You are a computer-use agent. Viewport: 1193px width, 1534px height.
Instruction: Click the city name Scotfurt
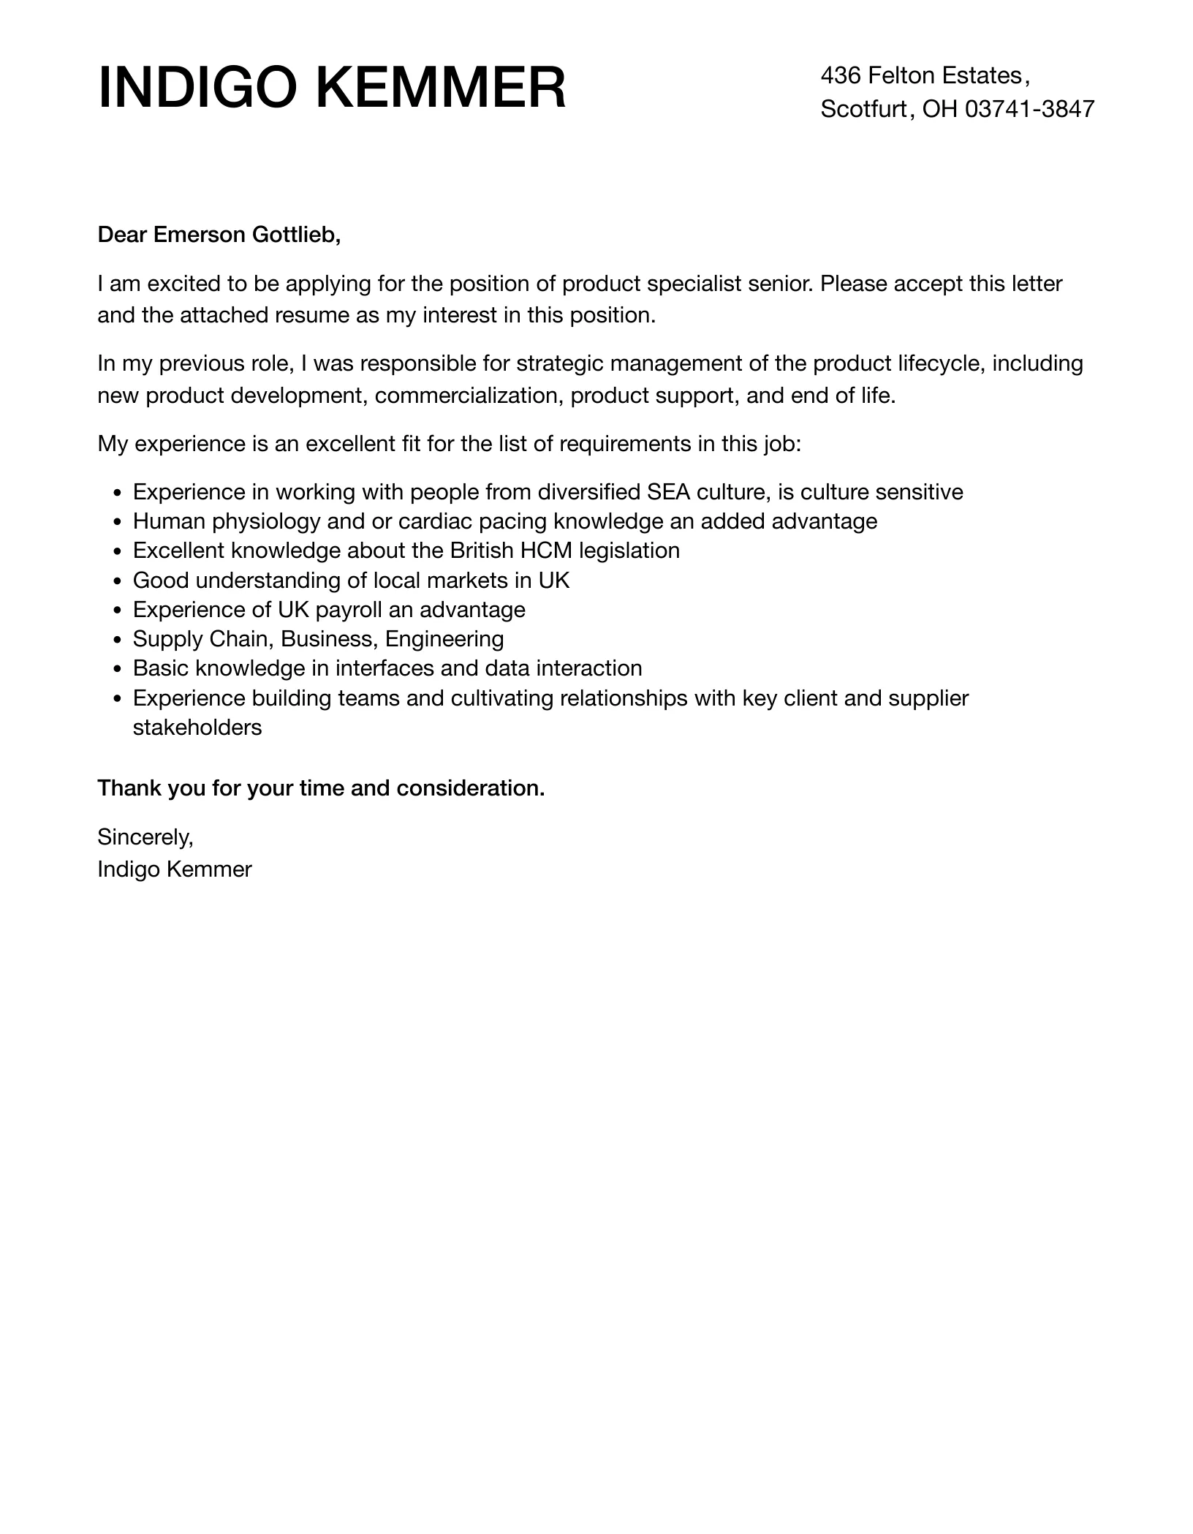click(863, 109)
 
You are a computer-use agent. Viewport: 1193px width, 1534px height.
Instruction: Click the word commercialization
click(469, 396)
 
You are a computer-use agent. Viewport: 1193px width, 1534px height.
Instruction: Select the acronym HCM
click(546, 551)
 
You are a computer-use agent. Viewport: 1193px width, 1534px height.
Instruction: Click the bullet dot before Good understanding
click(118, 581)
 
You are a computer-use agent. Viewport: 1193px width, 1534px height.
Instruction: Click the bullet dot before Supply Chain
click(118, 640)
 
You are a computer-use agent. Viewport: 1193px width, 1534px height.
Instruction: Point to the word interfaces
click(385, 668)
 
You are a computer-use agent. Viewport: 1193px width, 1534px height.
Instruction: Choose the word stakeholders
click(197, 728)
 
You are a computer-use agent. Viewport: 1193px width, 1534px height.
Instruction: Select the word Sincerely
click(145, 836)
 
